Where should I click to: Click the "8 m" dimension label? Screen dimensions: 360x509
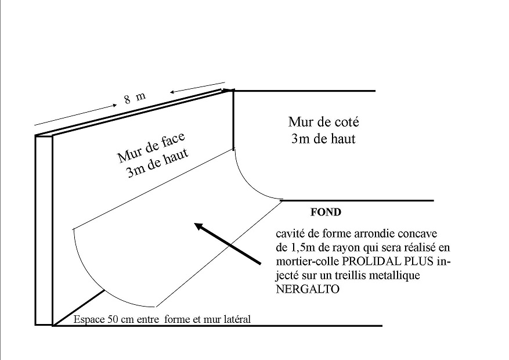134,98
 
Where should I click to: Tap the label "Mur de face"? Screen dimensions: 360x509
151,148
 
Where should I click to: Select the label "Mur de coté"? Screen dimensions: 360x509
323,123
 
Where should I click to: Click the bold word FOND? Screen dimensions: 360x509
326,213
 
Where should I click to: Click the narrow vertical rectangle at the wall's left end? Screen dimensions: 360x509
44,230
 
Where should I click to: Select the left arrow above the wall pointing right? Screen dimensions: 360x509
76,114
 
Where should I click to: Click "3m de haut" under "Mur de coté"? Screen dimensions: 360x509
323,139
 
